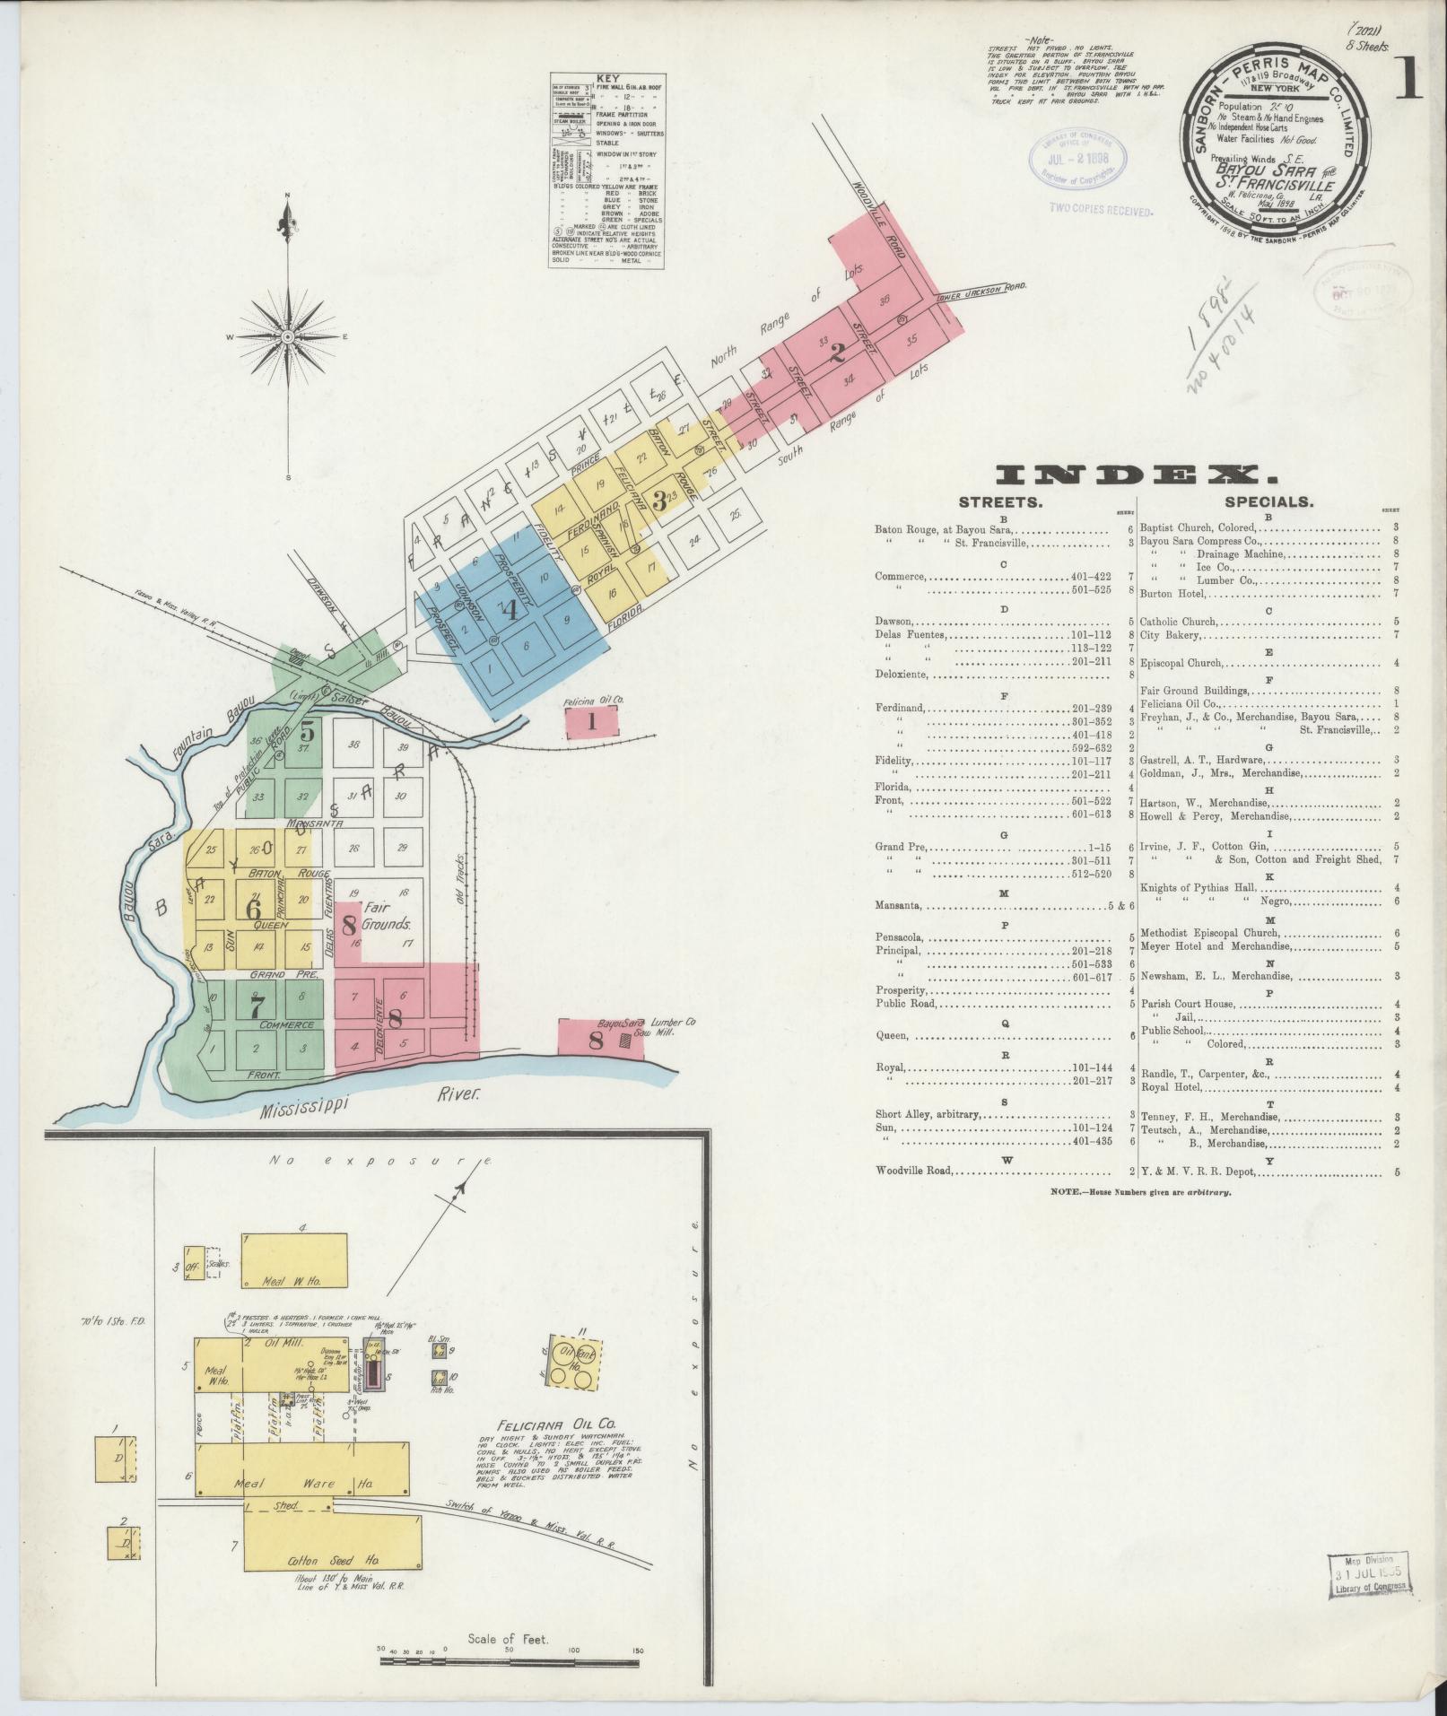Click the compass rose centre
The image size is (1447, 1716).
289,336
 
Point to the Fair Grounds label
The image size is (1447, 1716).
387,916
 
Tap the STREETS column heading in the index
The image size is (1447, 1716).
1000,502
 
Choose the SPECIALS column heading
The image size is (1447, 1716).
1268,502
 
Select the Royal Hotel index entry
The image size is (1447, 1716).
1171,1088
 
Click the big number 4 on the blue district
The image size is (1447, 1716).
510,610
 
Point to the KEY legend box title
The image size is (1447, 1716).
607,78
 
